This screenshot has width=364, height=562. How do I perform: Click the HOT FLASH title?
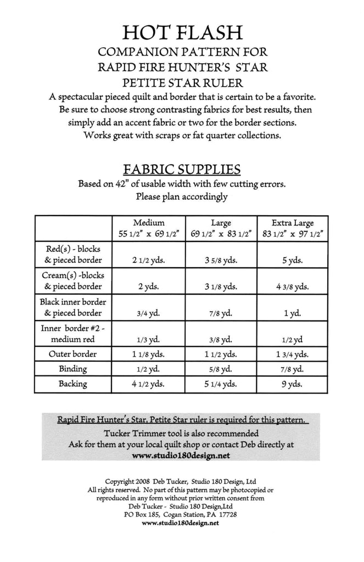(x=182, y=32)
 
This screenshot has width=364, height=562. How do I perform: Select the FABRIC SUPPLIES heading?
(x=182, y=167)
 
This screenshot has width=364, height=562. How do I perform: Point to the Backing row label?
(x=73, y=384)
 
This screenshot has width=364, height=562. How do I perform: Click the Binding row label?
(x=73, y=369)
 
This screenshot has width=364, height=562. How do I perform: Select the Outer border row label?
(x=73, y=354)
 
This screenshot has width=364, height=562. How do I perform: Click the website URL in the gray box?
(x=181, y=455)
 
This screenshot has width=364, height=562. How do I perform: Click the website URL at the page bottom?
(x=181, y=523)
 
